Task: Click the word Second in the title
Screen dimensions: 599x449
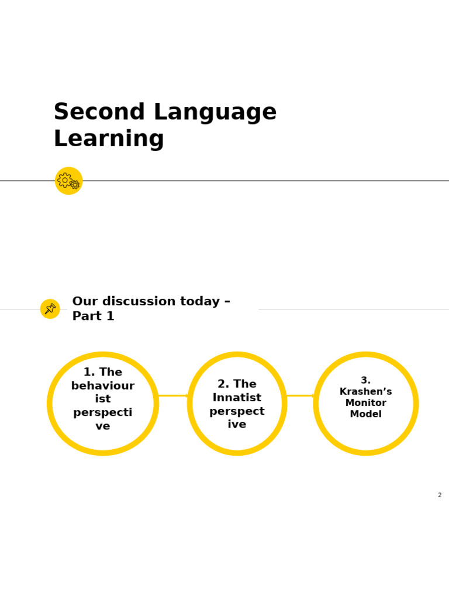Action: coord(91,112)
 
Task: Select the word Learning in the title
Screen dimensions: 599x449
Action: coord(109,139)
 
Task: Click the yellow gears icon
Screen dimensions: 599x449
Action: coord(68,181)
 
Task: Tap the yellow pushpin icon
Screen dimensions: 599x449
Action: coord(50,309)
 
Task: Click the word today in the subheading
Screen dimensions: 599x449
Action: coord(199,302)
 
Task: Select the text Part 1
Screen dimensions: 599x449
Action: coord(93,316)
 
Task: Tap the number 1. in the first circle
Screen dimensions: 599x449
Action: coord(89,373)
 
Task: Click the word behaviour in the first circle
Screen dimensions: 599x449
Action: coord(103,386)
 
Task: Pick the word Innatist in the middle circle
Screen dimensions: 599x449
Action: coord(237,398)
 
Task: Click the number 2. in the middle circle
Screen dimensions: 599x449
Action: coord(223,384)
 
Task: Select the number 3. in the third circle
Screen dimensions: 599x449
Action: coord(365,380)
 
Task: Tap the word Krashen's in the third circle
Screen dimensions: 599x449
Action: coord(365,392)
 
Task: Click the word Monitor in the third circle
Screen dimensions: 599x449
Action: coord(365,403)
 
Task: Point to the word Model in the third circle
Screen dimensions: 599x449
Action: coord(365,414)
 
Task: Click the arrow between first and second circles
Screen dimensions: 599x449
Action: coord(173,396)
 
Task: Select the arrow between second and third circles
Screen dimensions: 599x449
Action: coord(301,396)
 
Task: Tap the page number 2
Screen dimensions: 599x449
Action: coord(440,495)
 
